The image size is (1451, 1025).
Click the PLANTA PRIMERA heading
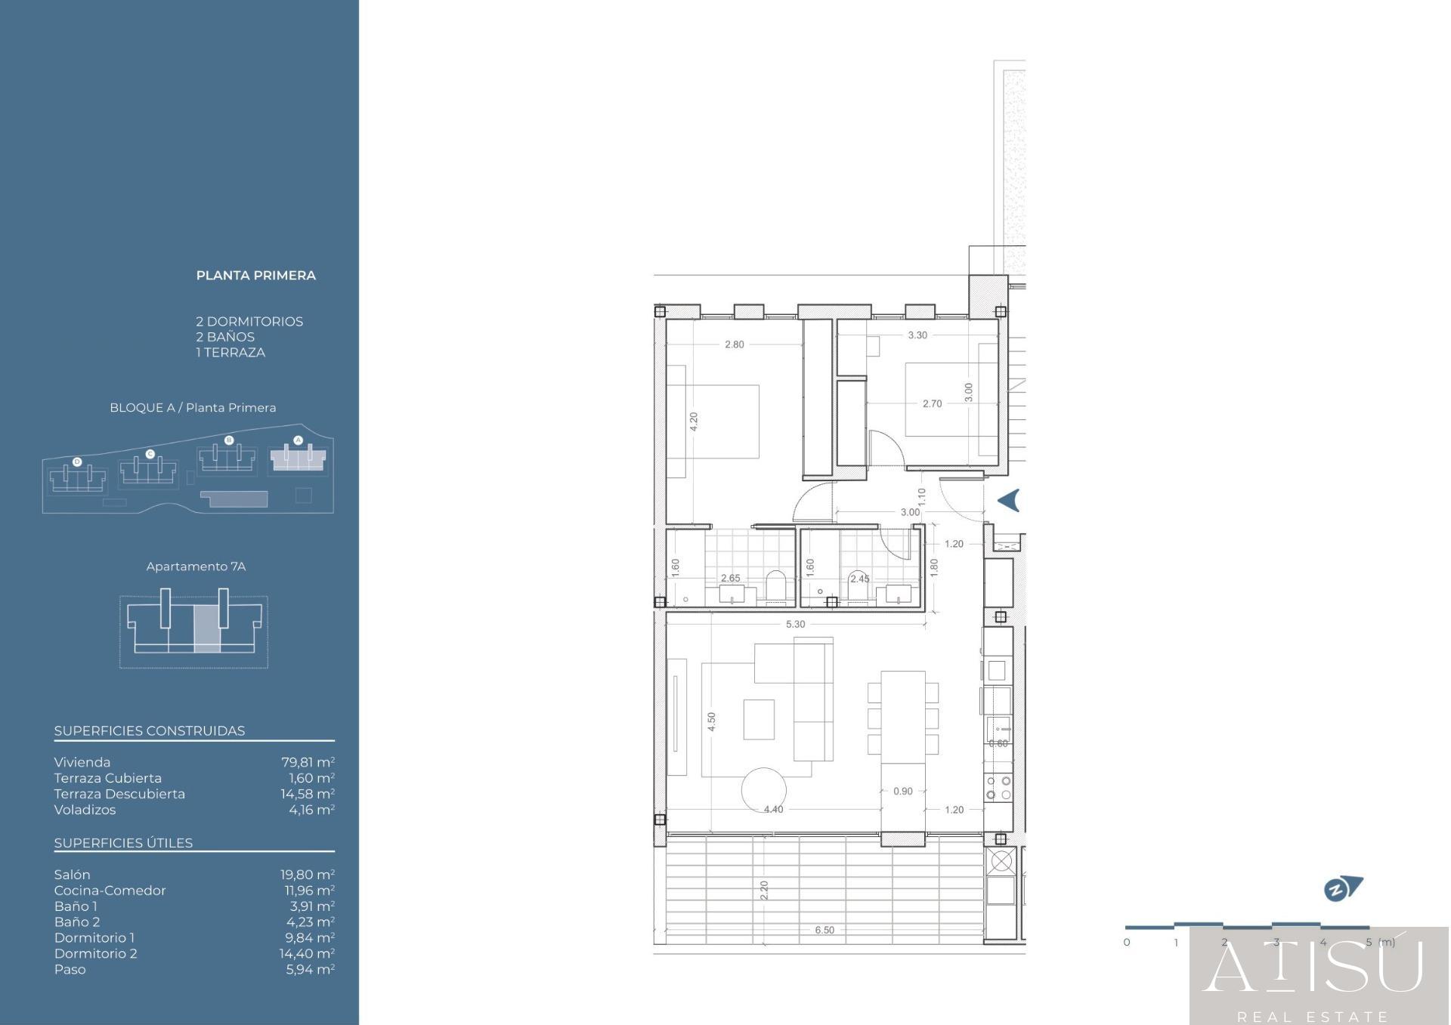pyautogui.click(x=256, y=276)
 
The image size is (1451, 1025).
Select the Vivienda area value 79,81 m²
pyautogui.click(x=308, y=762)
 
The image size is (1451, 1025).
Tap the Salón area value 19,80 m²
pyautogui.click(x=308, y=875)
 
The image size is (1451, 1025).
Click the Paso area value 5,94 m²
pyautogui.click(x=310, y=969)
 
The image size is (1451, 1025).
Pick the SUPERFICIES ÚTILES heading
pyautogui.click(x=123, y=843)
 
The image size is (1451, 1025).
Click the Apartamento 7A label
pyautogui.click(x=196, y=567)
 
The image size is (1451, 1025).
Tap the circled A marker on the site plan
pyautogui.click(x=298, y=440)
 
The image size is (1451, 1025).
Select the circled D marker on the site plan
pyautogui.click(x=77, y=462)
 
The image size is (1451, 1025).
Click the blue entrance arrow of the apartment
pyautogui.click(x=1010, y=500)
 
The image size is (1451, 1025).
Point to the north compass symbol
pyautogui.click(x=1343, y=888)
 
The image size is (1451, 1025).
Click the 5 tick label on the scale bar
pyautogui.click(x=1369, y=942)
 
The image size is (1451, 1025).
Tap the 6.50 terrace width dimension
pyautogui.click(x=825, y=930)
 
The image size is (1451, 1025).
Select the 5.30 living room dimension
pyautogui.click(x=795, y=624)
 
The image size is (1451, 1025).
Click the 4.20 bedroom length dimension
pyautogui.click(x=694, y=421)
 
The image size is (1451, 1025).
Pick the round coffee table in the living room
pyautogui.click(x=763, y=790)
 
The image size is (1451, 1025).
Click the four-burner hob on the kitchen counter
pyautogui.click(x=998, y=788)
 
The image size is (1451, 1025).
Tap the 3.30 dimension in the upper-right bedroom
pyautogui.click(x=917, y=335)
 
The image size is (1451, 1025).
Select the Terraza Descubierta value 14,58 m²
pyautogui.click(x=308, y=794)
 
